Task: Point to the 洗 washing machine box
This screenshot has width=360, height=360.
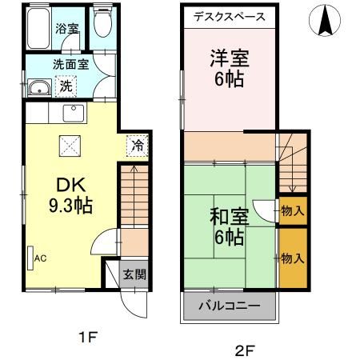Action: coord(67,85)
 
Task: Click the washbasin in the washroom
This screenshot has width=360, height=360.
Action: coord(38,89)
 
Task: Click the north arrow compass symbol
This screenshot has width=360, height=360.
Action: coord(326,21)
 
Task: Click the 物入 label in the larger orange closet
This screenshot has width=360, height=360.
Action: coord(293,258)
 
